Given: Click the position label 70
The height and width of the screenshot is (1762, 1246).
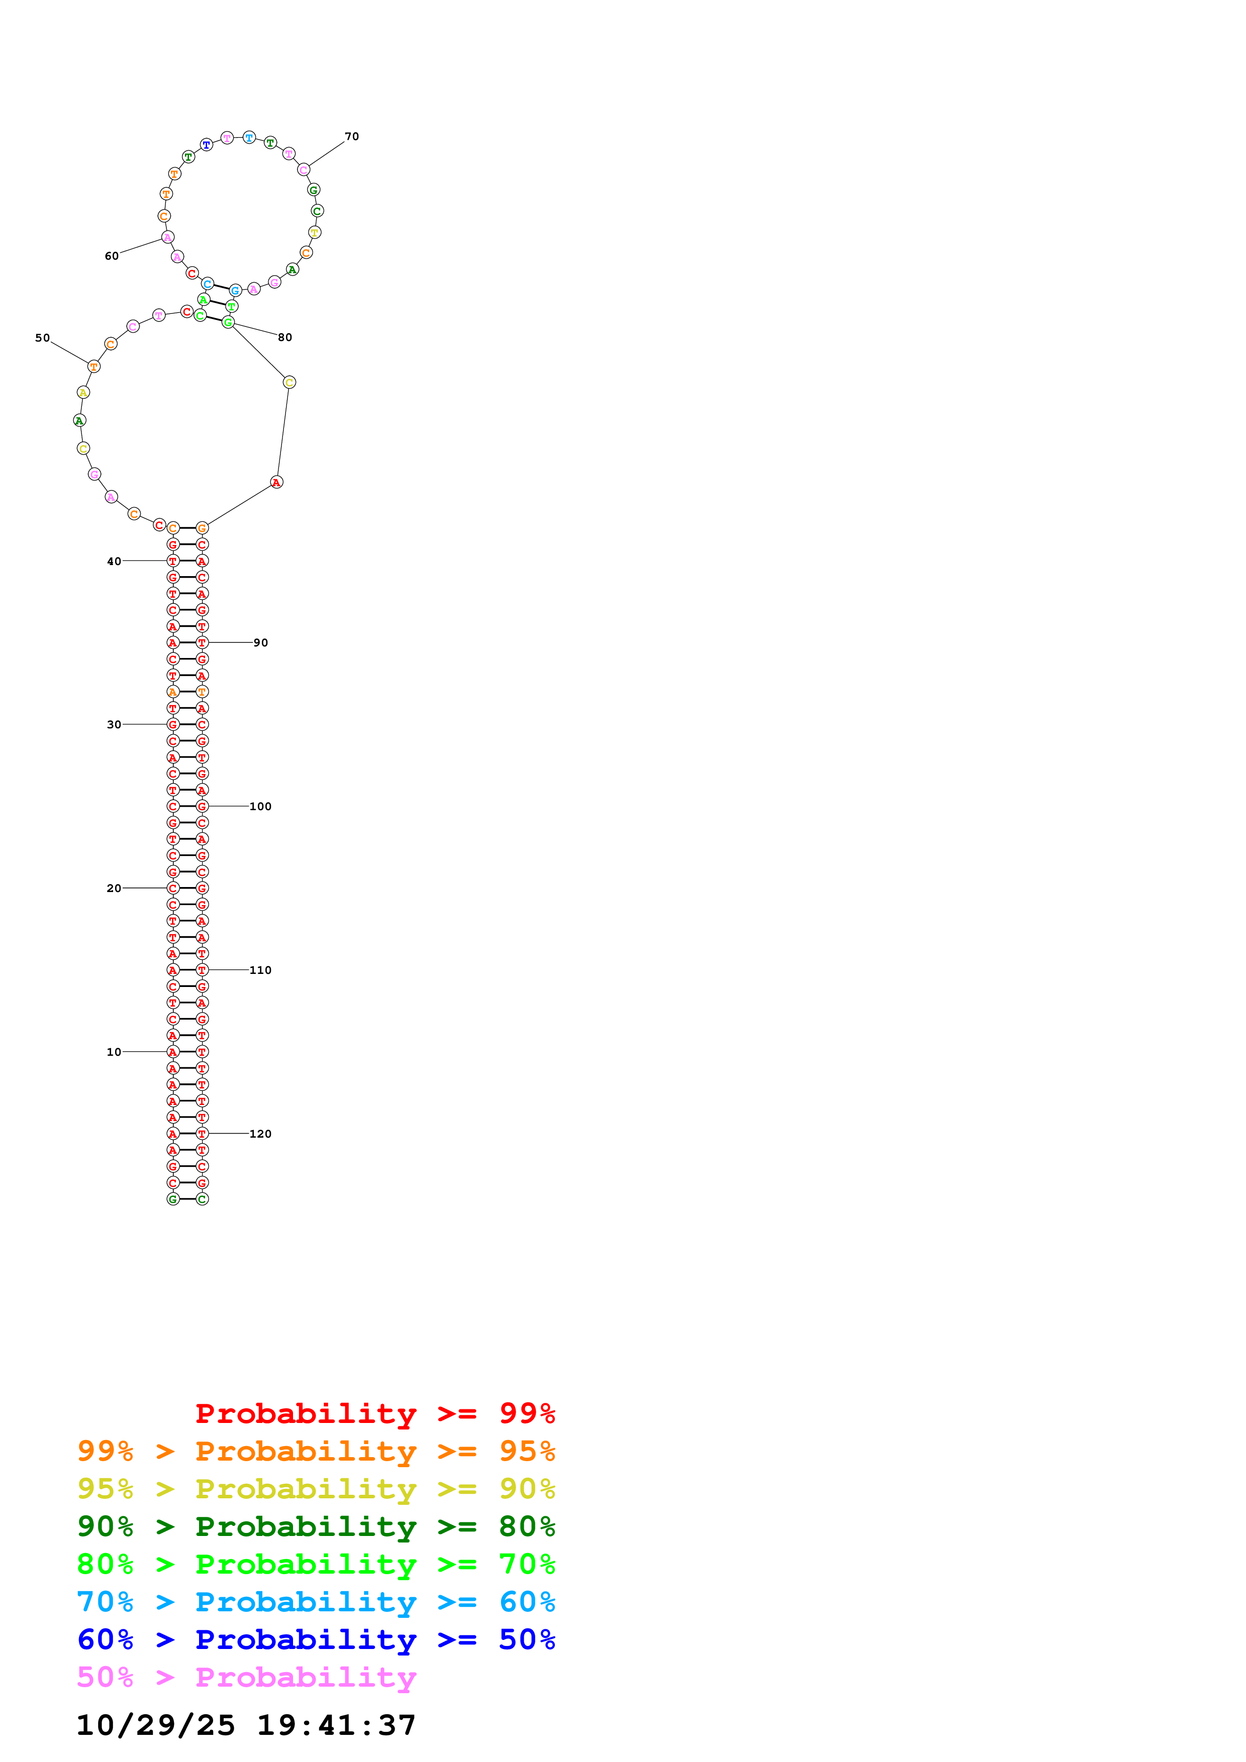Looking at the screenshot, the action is point(352,137).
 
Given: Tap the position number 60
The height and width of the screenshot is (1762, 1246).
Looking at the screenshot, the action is point(111,256).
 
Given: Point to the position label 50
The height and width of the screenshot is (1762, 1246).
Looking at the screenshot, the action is point(42,338).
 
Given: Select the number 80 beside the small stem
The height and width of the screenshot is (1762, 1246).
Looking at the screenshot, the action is point(285,338).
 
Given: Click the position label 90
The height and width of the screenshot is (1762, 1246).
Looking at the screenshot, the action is point(261,643).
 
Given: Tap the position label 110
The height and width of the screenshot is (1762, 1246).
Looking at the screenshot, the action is point(260,970).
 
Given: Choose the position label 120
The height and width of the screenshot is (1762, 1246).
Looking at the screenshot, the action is point(260,1134).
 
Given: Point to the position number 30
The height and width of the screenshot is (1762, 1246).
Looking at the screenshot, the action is point(114,724).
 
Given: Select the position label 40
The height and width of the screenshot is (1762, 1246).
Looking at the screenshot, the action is point(114,562).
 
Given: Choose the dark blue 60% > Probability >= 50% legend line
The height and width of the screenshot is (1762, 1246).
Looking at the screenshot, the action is point(316,1639).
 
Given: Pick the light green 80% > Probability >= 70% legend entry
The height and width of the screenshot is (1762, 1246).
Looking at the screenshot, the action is point(316,1564).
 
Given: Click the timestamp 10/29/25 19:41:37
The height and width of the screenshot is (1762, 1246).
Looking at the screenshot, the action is point(246,1725).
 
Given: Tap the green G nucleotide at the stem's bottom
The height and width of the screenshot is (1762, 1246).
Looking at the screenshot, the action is point(173,1199).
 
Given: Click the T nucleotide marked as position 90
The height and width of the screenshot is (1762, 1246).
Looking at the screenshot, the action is point(202,642).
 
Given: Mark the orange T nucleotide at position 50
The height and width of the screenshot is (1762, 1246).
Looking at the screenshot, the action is point(93,367).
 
